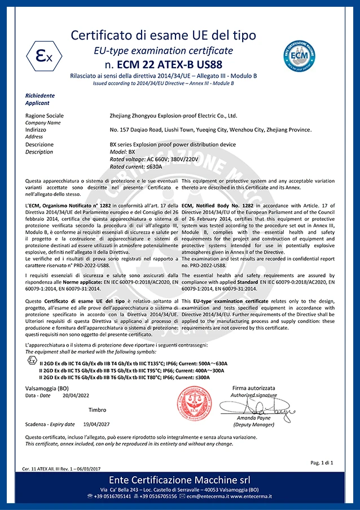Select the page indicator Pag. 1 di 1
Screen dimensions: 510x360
click(322, 462)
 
